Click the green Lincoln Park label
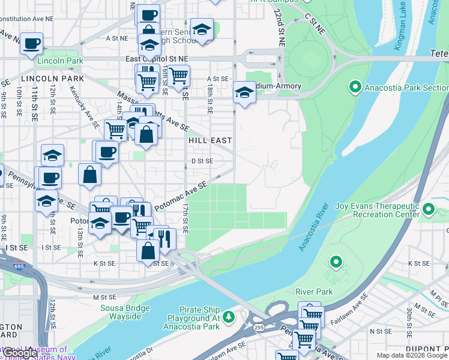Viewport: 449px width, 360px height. [59, 61]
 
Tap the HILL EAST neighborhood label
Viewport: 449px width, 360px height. [209, 140]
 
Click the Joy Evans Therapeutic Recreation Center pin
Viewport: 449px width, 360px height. [429, 210]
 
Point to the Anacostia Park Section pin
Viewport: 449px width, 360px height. [355, 88]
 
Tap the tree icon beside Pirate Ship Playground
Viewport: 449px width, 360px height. [228, 316]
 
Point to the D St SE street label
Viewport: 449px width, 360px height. [202, 161]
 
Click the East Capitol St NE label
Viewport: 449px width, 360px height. [156, 59]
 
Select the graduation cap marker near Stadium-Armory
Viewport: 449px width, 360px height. [244, 92]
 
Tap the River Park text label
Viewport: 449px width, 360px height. [313, 292]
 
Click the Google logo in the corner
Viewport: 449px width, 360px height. [20, 353]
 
